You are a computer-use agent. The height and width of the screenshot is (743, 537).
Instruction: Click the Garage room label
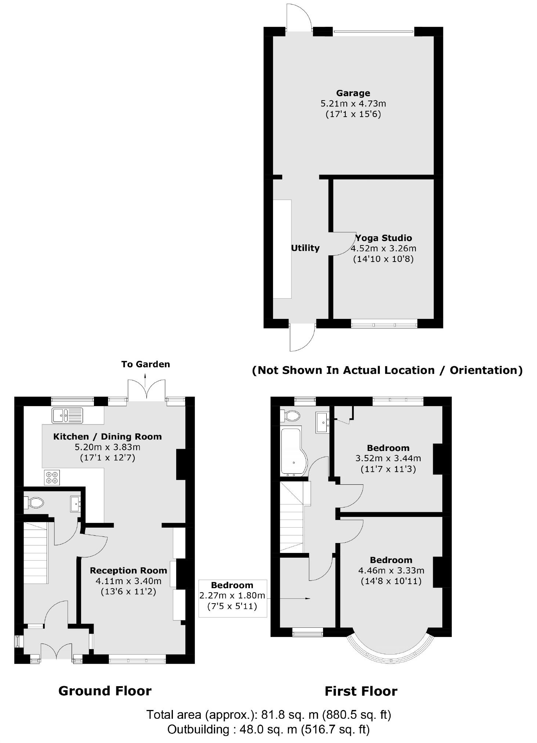coord(353,93)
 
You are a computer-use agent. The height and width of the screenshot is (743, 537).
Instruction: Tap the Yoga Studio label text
coord(384,238)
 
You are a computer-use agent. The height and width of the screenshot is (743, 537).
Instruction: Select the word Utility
coord(305,248)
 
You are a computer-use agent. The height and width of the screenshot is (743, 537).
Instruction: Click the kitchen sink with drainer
coord(68,415)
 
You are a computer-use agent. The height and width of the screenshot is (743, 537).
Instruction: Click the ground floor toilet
coord(34,502)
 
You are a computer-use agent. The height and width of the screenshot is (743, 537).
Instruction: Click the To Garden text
coord(146,364)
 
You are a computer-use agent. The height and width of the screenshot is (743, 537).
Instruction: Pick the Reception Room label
coord(128,571)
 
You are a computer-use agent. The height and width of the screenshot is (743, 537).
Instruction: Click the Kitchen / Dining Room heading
coord(108,437)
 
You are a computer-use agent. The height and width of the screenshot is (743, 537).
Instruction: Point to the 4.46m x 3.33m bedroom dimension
coord(391,571)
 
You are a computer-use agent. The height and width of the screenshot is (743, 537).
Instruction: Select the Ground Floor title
coord(105,691)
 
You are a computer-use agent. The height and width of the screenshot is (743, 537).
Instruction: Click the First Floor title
coord(361,692)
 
